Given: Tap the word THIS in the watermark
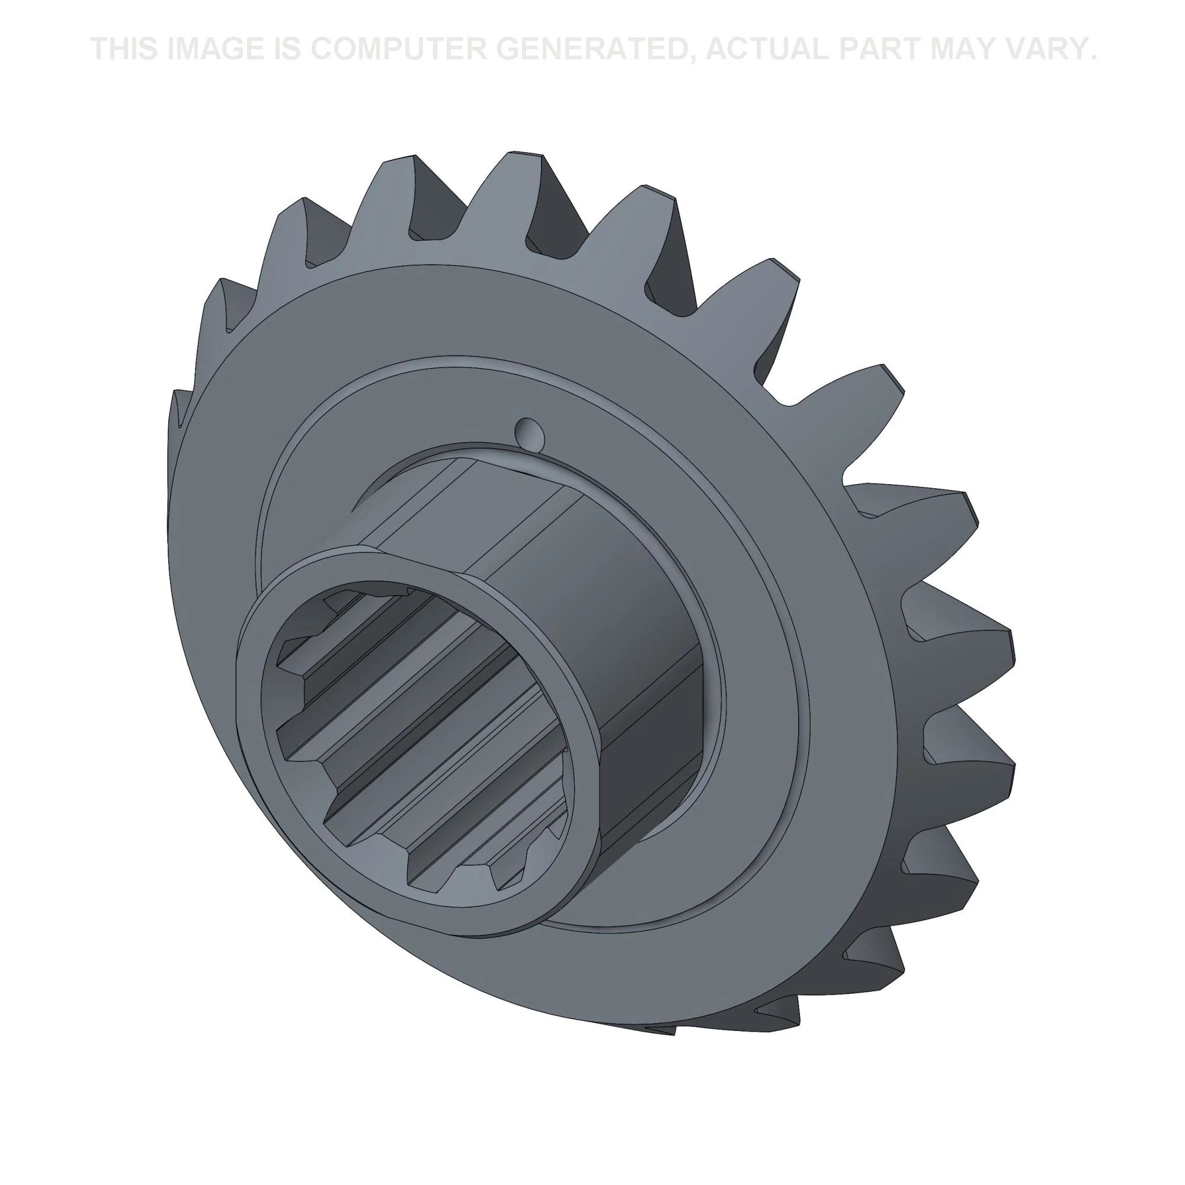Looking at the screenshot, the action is tap(124, 49).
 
